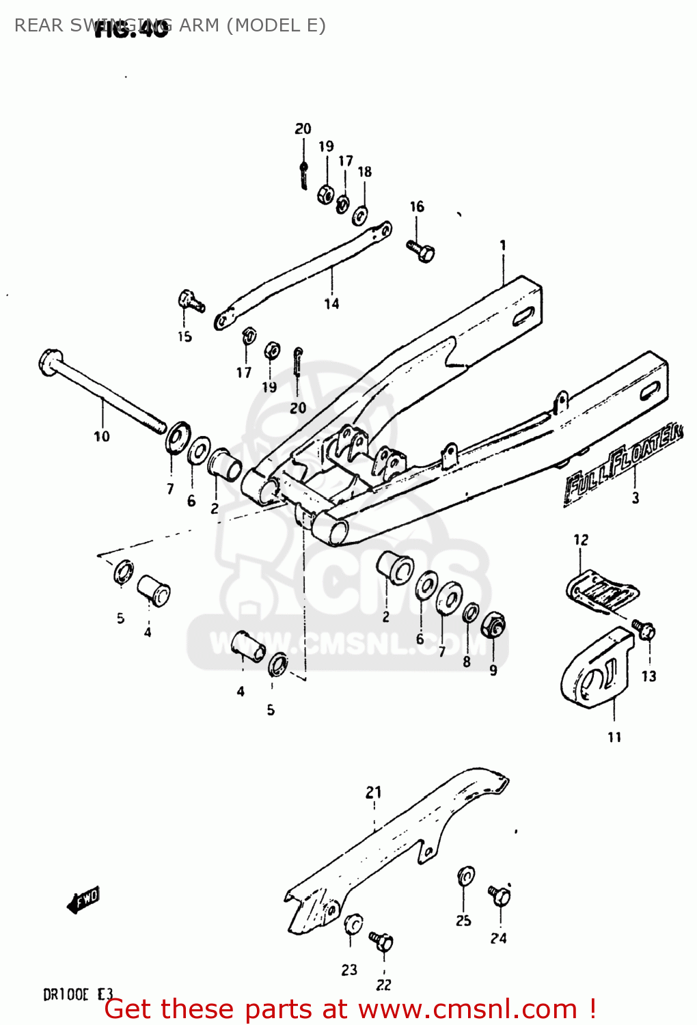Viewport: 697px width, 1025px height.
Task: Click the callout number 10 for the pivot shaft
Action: point(101,436)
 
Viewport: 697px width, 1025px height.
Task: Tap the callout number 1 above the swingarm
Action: point(503,245)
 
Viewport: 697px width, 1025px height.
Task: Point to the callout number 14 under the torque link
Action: point(331,303)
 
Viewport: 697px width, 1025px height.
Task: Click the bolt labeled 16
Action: point(421,251)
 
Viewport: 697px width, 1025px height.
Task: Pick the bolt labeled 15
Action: point(190,301)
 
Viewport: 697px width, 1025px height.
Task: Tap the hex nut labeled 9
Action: point(493,625)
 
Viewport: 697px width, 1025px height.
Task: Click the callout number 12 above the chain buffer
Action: point(581,540)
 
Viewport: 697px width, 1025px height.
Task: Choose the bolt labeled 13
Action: point(644,629)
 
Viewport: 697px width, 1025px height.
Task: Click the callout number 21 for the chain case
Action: point(373,792)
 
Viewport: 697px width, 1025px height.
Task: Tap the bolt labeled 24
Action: point(500,894)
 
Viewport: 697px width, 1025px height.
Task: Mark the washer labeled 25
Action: point(466,876)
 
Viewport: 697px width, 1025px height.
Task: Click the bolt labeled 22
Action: point(381,942)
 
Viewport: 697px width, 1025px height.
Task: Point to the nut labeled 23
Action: point(353,925)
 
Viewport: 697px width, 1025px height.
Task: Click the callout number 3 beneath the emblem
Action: point(635,498)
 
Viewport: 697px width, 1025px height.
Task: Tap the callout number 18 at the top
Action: point(365,172)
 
